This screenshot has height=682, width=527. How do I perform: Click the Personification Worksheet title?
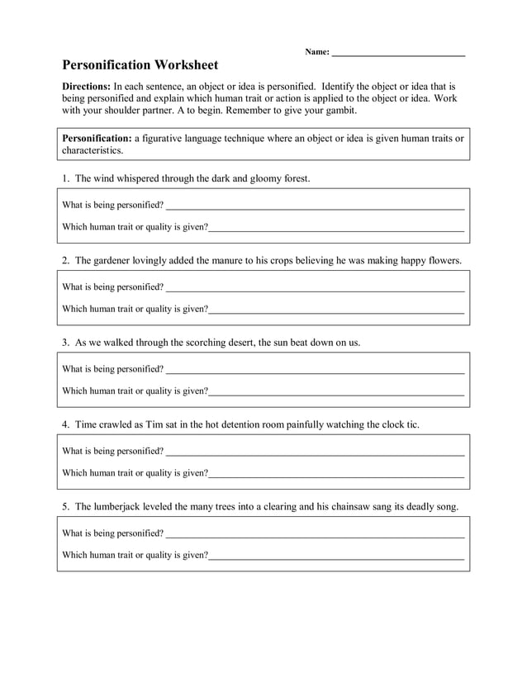pos(140,64)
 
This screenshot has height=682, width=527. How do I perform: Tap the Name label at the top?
pos(316,52)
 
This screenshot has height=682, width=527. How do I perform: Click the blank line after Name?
pos(398,53)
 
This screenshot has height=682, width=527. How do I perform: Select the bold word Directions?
pos(87,86)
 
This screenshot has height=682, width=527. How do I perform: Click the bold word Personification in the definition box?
pos(97,139)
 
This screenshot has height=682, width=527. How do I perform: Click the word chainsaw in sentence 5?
pos(358,506)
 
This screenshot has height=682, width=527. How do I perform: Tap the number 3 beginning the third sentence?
pos(65,342)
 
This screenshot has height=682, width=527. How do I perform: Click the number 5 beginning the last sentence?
pos(65,506)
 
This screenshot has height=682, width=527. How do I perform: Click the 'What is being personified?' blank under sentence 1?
pos(314,206)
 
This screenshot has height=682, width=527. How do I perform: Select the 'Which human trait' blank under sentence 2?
pos(335,310)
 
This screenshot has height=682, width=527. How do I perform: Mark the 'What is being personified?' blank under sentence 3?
pos(314,369)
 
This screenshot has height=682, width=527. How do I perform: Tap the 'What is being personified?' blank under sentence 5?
pos(314,533)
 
